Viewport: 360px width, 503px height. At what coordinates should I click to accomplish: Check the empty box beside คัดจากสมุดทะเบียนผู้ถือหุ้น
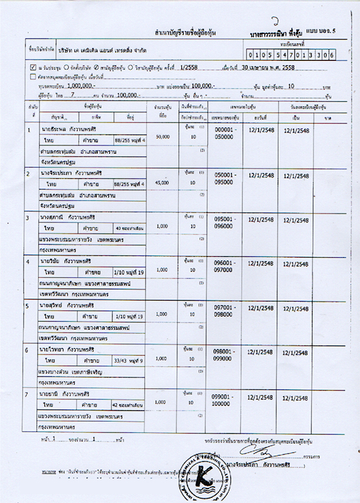[33, 75]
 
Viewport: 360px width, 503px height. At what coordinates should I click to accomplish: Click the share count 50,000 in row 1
[162, 136]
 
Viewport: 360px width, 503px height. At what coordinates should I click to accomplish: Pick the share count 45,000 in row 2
[162, 182]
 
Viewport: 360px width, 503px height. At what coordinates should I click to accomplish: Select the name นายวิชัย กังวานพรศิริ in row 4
[63, 261]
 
